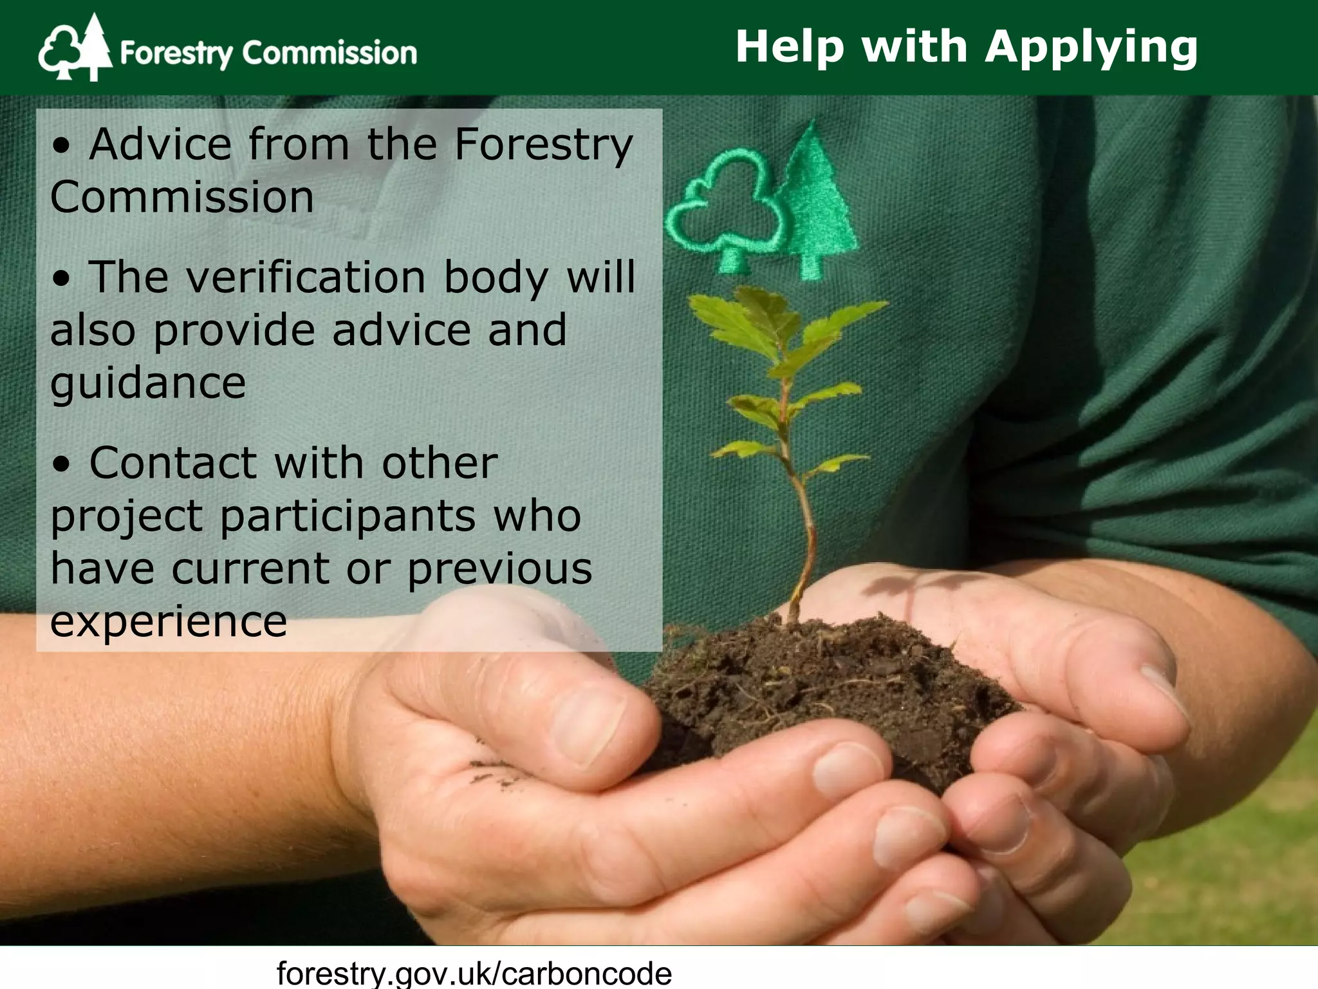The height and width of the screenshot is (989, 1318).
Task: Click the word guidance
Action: click(x=148, y=384)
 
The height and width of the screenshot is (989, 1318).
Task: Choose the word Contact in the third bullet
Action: click(x=173, y=464)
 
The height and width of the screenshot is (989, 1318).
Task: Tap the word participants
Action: click(x=348, y=517)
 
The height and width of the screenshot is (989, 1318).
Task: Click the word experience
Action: click(x=169, y=622)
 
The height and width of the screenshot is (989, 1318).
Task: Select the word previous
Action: click(x=499, y=570)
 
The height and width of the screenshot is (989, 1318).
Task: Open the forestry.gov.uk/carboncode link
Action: click(x=474, y=972)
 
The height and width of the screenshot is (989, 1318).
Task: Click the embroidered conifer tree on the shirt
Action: click(x=816, y=200)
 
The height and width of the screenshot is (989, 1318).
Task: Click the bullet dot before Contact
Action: click(x=61, y=465)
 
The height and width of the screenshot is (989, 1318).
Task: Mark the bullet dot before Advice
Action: click(x=61, y=147)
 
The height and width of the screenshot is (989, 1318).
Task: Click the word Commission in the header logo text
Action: click(x=329, y=53)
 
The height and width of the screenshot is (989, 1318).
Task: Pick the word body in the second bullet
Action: click(x=496, y=278)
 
